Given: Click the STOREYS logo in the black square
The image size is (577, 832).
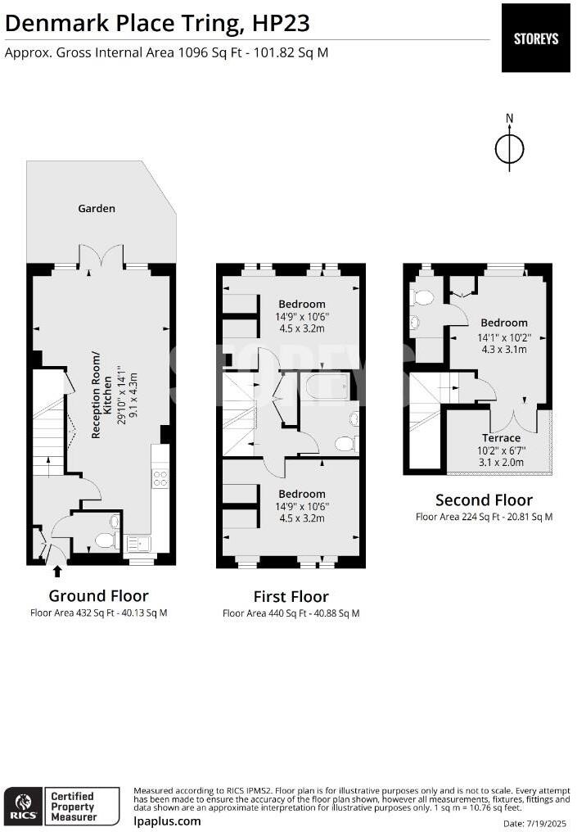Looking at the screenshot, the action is [535, 38].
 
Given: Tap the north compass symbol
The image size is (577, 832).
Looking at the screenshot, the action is [510, 143].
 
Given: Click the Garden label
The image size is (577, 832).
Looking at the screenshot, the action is [97, 209].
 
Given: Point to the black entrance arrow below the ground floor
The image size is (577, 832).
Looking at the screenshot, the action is [57, 571].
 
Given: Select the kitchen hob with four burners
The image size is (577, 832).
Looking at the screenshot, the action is [160, 478].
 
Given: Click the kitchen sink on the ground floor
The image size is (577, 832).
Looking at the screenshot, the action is [137, 544].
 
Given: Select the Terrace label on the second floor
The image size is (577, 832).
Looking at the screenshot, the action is [501, 438].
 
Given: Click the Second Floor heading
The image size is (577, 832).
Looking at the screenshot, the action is [484, 500].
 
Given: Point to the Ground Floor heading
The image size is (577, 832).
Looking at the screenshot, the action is [99, 596].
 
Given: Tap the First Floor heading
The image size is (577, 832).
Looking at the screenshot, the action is [291, 596].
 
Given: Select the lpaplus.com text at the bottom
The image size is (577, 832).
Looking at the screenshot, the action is [167, 821].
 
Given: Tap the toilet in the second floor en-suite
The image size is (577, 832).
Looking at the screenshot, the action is [422, 297].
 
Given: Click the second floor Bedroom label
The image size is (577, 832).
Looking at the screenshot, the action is [504, 323].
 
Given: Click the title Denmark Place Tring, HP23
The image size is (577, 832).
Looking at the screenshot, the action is [157, 24].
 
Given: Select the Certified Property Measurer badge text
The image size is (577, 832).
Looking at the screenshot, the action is [73, 806].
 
